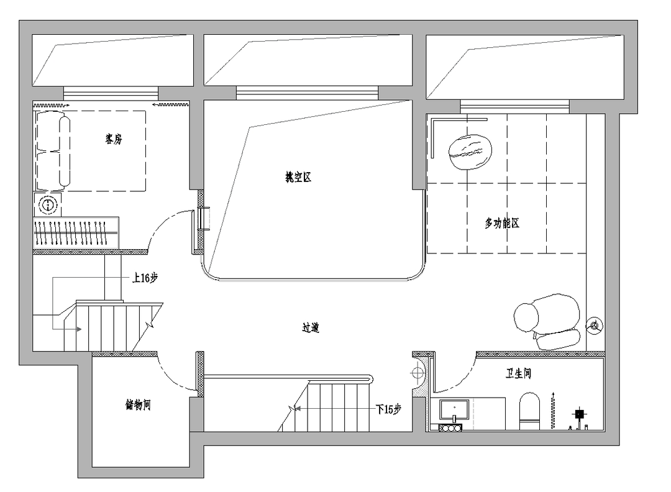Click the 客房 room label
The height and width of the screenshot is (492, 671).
114,139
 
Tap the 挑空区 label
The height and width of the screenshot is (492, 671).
298,177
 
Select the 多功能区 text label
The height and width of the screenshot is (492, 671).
502,223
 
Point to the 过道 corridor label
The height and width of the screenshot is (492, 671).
311,328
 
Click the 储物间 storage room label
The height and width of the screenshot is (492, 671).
138,405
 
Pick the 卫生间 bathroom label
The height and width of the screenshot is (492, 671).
518,373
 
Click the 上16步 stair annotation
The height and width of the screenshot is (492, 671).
145,278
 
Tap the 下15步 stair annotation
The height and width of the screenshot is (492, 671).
388,409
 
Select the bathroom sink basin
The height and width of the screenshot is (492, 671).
454,410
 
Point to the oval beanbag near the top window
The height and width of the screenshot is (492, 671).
470,152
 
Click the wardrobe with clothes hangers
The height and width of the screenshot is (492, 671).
76,233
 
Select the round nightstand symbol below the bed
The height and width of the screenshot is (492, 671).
48,204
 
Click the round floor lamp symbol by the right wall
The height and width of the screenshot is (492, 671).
595,326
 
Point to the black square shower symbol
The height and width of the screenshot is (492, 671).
580,414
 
